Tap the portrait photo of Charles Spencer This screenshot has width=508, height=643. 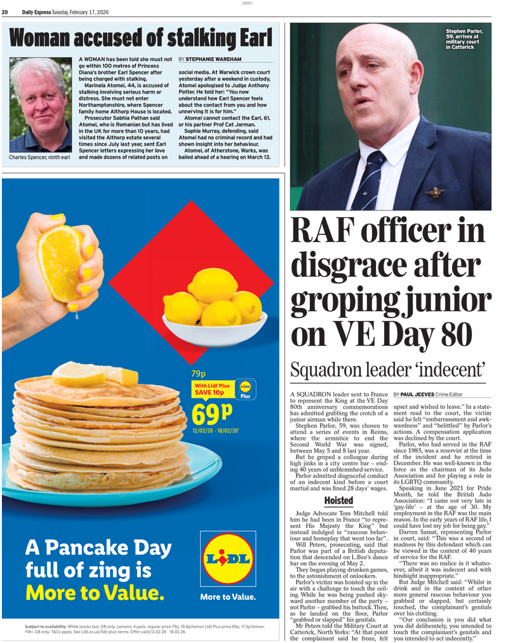(40, 105)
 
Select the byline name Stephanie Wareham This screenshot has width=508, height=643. (213, 59)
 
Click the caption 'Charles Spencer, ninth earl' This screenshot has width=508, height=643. (39, 157)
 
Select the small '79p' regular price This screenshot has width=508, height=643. (199, 374)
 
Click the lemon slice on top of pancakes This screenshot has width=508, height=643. (79, 374)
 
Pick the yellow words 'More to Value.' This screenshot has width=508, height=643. (95, 592)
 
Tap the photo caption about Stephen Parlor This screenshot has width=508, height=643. (464, 39)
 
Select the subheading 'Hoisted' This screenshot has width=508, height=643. (338, 501)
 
